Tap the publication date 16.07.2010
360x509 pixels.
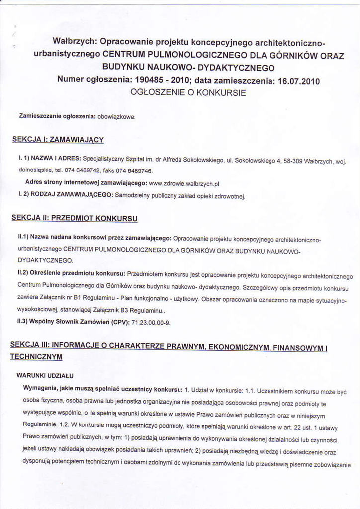pyautogui.click(x=297, y=80)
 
